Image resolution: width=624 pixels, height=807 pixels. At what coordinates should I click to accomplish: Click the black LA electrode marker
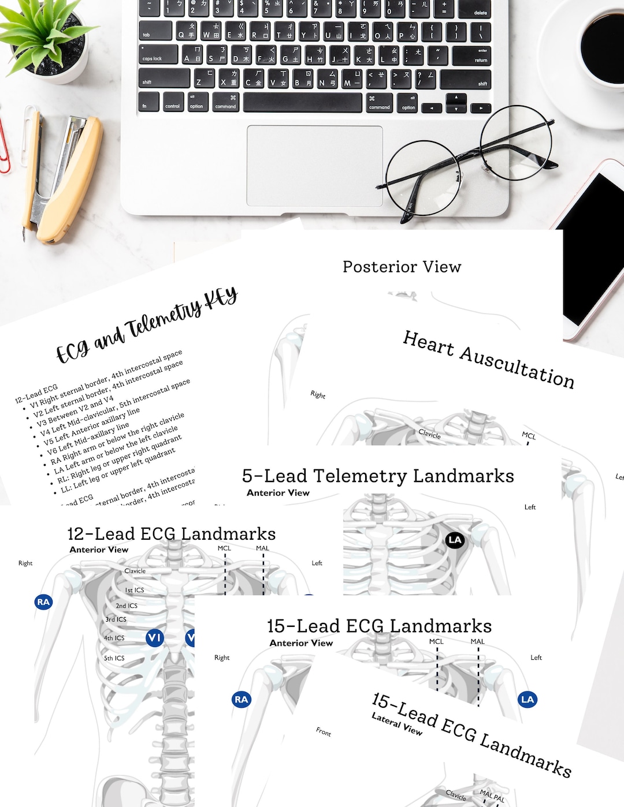pos(455,540)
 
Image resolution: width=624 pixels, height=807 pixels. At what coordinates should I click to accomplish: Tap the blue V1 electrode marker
pos(154,638)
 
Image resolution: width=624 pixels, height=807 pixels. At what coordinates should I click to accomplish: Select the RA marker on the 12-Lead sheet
pos(43,602)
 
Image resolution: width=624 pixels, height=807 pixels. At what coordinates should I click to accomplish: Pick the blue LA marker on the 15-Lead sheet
pos(528,700)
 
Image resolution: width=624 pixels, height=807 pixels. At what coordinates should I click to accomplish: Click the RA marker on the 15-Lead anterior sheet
pos(241,700)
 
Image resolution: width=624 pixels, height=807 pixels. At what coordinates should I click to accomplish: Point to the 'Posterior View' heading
pos(402,267)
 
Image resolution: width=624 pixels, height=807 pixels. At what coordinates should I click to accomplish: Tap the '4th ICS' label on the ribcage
pos(114,638)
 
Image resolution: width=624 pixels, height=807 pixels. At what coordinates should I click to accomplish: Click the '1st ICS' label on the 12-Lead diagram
pos(135,590)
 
